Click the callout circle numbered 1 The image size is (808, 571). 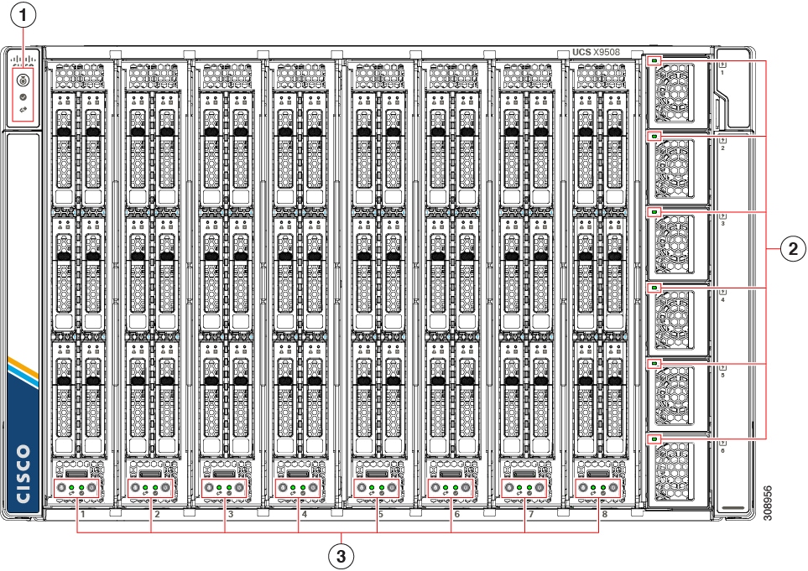click(23, 15)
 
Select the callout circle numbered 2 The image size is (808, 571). click(793, 249)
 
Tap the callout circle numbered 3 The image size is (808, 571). click(341, 556)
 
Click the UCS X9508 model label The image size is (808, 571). click(596, 52)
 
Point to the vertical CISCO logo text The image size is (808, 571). click(23, 474)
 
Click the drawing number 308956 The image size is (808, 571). click(768, 503)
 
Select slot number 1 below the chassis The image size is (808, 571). click(83, 514)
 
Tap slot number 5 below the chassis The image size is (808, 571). click(381, 514)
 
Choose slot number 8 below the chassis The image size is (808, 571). click(604, 514)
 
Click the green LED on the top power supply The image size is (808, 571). click(654, 60)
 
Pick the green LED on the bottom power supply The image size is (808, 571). click(654, 439)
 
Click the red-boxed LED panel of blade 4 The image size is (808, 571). click(298, 488)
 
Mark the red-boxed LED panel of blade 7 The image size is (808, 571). click(524, 488)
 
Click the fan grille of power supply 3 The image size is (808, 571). click(674, 243)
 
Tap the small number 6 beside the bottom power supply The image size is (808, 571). click(722, 451)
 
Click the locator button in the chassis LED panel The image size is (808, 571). click(23, 80)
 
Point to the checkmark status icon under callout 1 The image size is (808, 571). click(23, 97)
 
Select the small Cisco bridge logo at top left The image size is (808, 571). click(23, 60)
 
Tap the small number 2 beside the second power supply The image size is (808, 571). click(723, 148)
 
